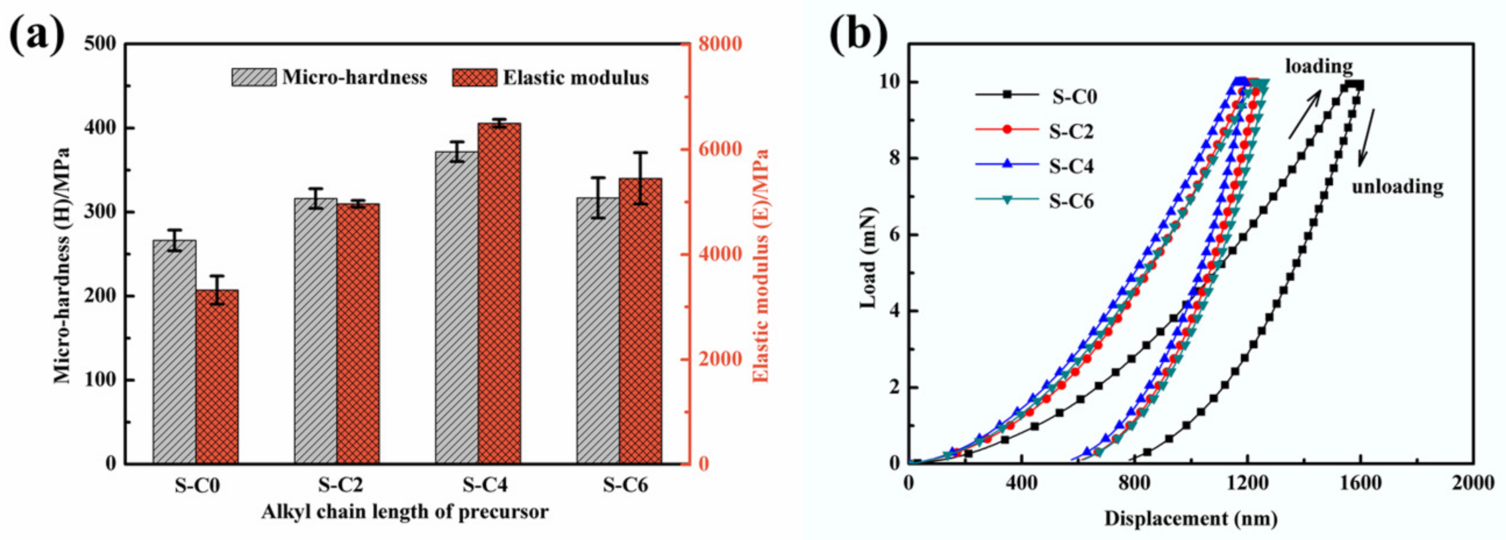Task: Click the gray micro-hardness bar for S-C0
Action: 174,351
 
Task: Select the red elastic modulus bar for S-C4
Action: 499,292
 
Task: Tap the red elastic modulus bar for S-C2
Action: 358,333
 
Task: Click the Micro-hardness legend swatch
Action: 254,77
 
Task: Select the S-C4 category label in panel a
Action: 485,486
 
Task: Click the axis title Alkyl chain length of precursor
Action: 405,512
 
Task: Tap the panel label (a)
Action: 36,36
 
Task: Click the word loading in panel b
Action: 1318,67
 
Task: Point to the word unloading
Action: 1397,187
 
